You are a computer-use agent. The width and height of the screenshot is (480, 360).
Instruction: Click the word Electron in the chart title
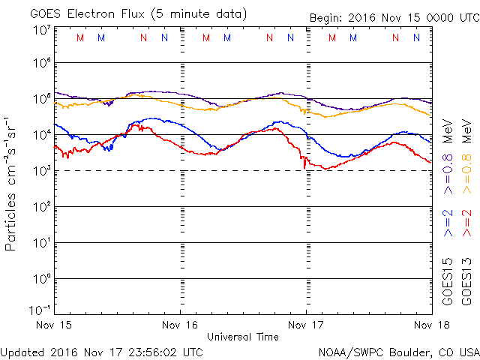[x=98, y=14]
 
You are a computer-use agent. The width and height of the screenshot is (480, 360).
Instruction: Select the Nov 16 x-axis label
[x=181, y=325]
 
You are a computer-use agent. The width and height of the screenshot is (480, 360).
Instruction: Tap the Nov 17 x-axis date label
[x=306, y=325]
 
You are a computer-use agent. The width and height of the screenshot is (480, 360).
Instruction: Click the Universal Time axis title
[x=242, y=337]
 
